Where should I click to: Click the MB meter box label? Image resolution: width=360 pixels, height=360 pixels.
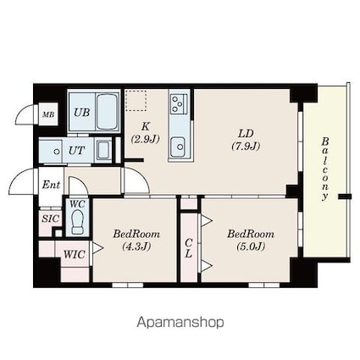[x=48, y=114]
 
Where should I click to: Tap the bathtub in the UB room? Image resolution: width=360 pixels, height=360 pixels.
[x=107, y=112]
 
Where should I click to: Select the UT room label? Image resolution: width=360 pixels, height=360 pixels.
[x=76, y=151]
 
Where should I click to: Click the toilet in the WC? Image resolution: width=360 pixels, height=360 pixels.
[x=77, y=223]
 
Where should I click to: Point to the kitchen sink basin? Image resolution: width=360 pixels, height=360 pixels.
[x=178, y=147]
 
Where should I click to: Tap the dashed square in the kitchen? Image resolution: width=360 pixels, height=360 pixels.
[x=136, y=101]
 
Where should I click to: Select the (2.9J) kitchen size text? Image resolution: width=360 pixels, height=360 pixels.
[x=146, y=139]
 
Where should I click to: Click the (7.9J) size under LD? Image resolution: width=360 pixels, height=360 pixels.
[x=246, y=146]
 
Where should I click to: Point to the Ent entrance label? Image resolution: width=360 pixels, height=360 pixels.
[x=51, y=185]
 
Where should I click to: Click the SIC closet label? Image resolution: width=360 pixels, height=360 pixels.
[x=51, y=219]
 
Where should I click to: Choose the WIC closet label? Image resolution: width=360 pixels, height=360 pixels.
[x=74, y=254]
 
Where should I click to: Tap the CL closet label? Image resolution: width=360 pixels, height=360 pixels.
[x=188, y=248]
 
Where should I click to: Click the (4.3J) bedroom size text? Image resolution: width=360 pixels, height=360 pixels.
[x=136, y=247]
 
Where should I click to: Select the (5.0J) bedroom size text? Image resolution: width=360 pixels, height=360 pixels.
[x=251, y=246]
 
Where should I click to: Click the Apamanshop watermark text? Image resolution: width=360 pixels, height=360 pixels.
[x=180, y=323]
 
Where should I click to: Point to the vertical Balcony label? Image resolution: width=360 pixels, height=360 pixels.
[x=325, y=169]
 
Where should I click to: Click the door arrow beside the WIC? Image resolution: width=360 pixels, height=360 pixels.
[x=97, y=248]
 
